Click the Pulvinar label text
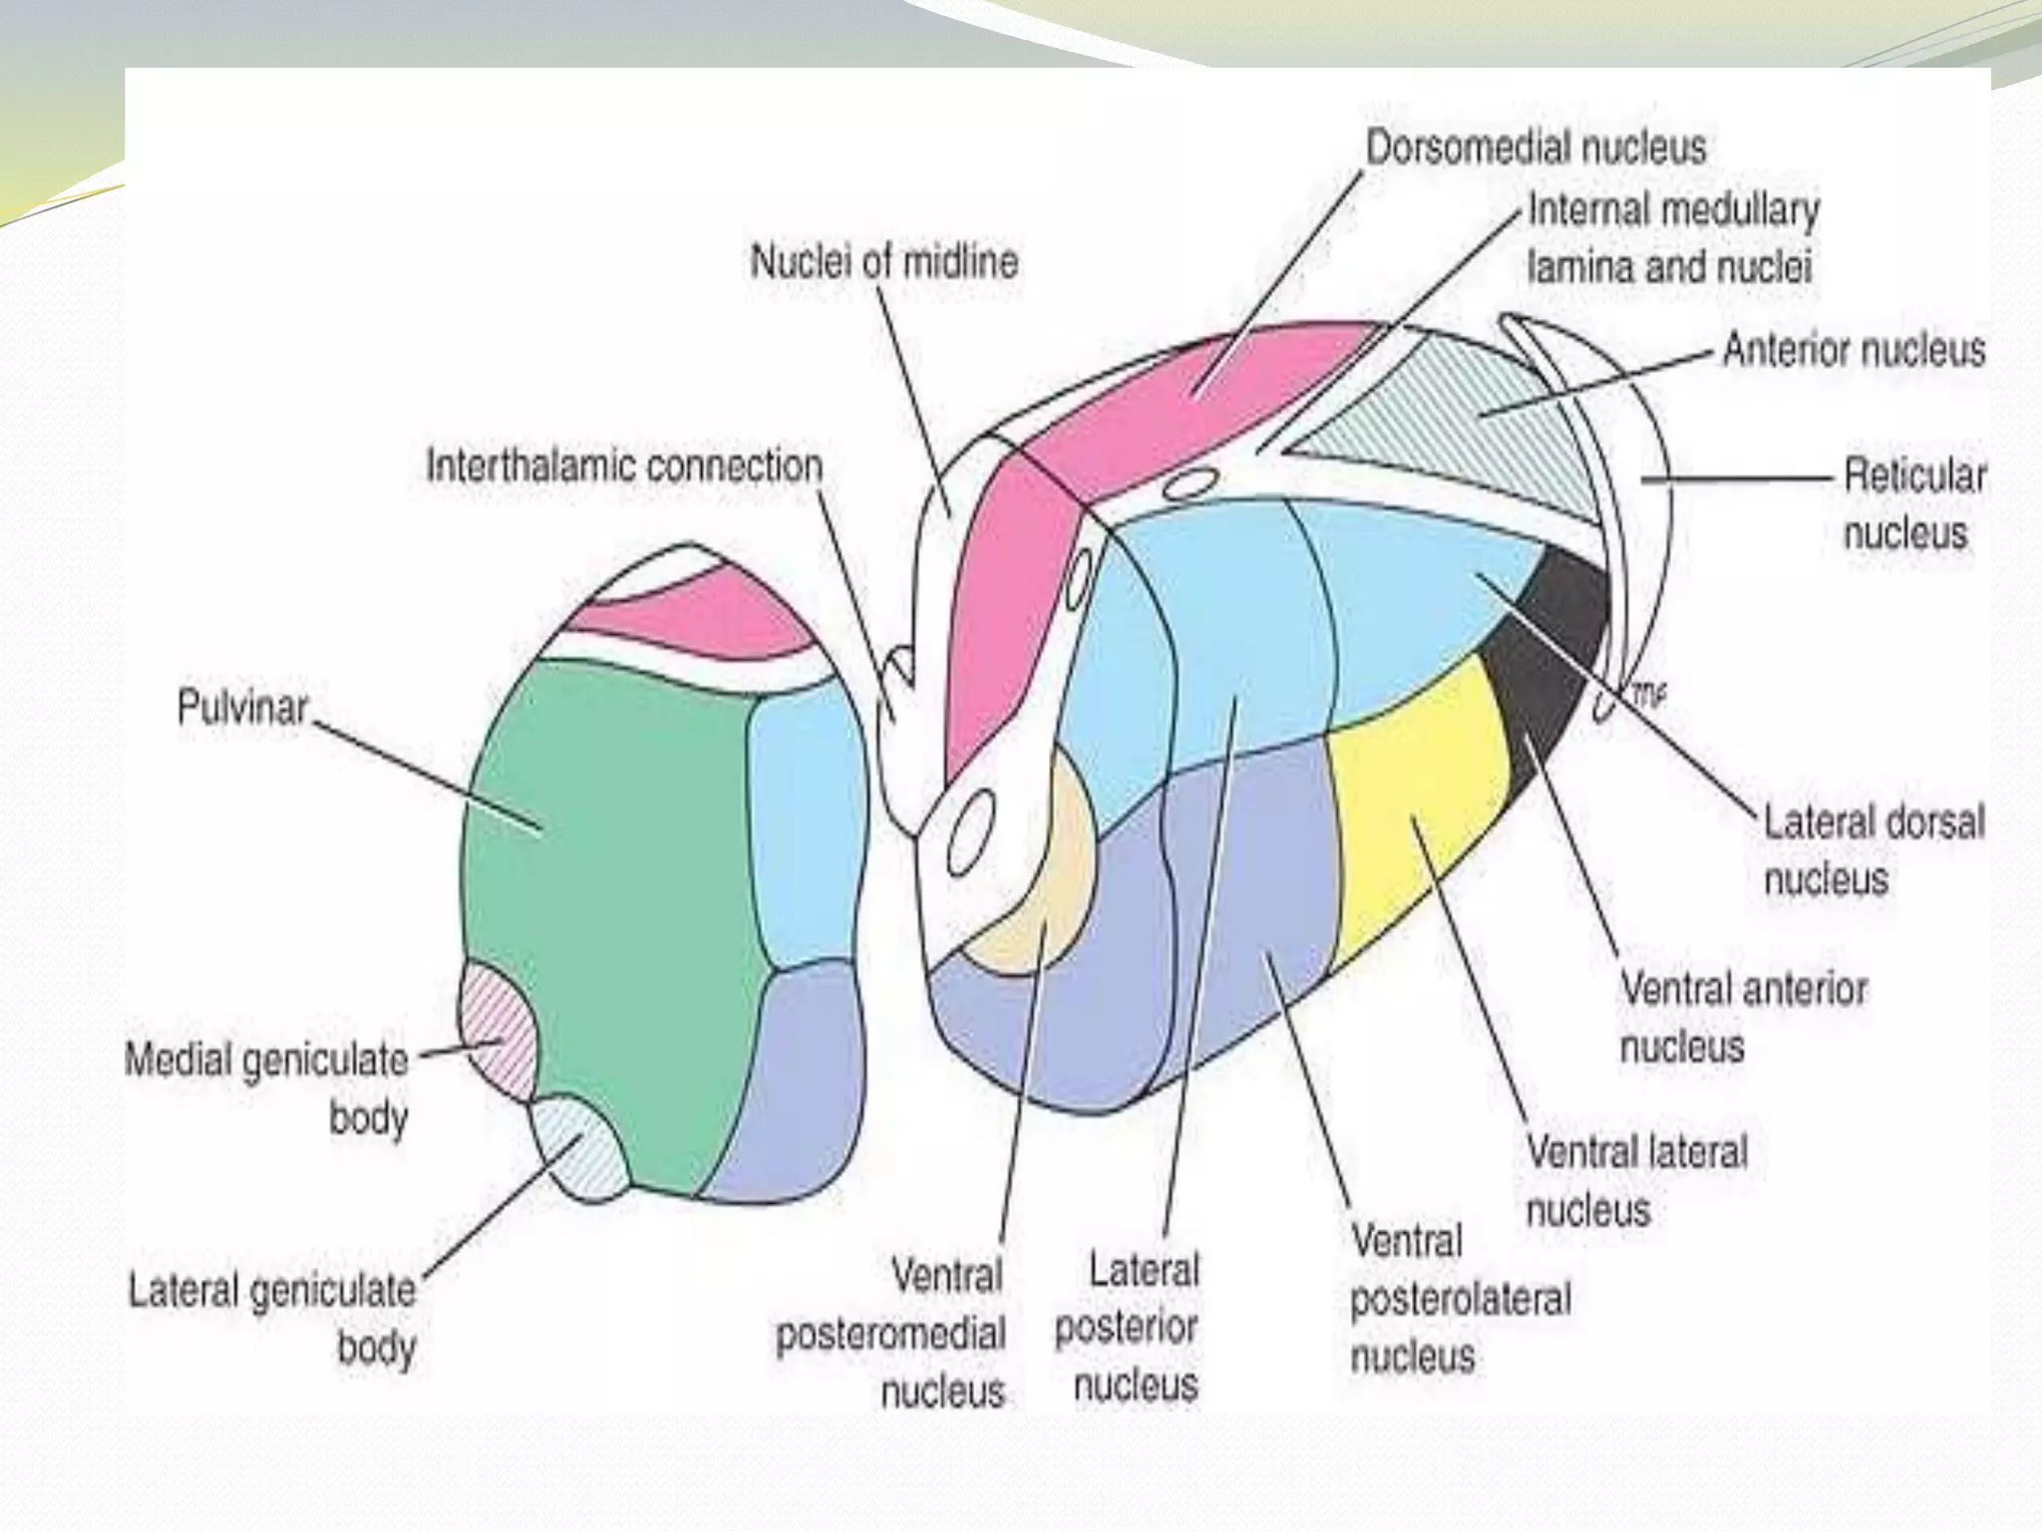(242, 708)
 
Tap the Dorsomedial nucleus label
(1535, 148)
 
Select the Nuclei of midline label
(884, 262)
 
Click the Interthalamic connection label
(624, 466)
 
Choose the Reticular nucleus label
(1913, 503)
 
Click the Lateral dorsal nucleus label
(1873, 850)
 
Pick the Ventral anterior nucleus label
(1743, 1018)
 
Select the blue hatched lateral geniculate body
(575, 1146)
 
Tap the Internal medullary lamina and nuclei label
(1672, 239)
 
